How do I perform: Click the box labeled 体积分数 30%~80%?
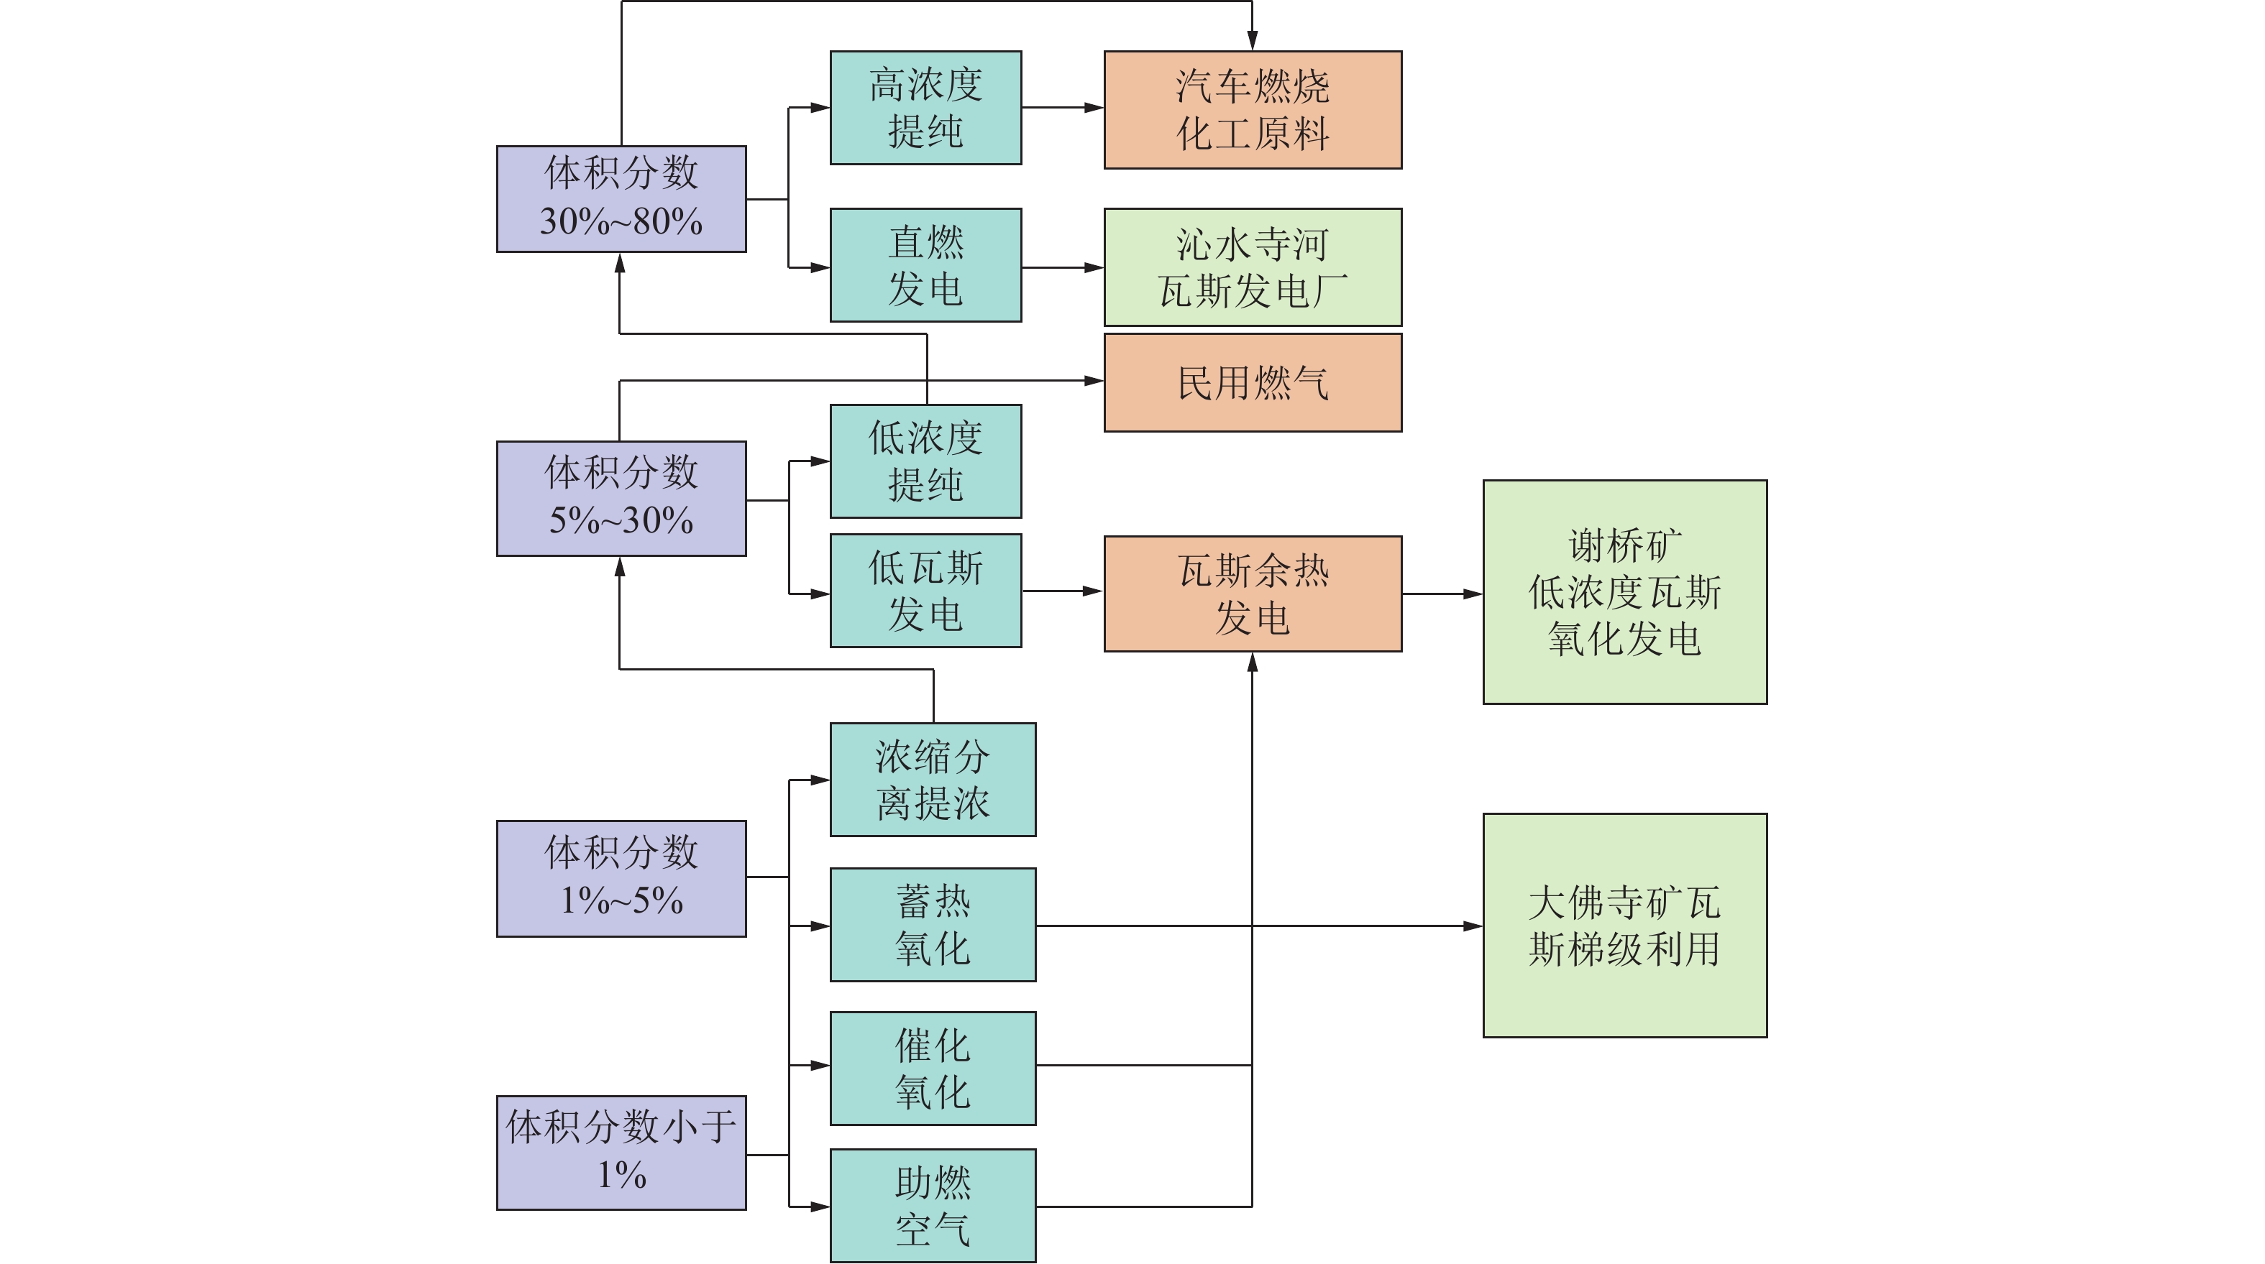[621, 198]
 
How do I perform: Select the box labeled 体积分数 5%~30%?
[621, 497]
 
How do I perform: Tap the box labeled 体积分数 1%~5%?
[621, 877]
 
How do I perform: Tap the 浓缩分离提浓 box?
[932, 779]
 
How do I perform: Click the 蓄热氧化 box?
[932, 924]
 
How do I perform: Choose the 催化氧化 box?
[932, 1067]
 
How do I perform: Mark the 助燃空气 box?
[932, 1204]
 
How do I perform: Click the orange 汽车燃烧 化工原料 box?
[1252, 109]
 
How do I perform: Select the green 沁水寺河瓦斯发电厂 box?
[1252, 267]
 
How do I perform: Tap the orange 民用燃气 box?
[1252, 382]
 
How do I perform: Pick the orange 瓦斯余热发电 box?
[1252, 594]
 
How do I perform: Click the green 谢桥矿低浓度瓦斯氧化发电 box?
[1624, 591]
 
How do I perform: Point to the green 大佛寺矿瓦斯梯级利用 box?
[1624, 925]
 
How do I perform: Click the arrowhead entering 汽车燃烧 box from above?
[1251, 40]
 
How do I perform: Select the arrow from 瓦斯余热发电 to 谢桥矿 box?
[1442, 594]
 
